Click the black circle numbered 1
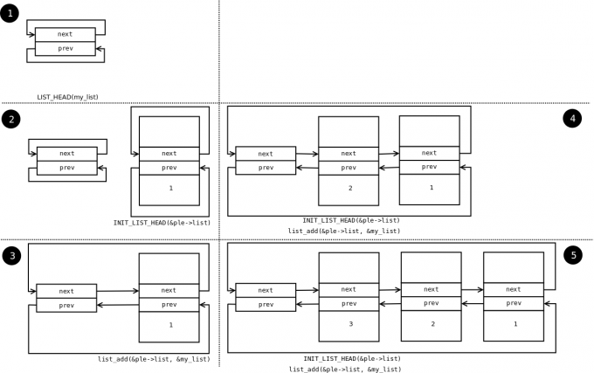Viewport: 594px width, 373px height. [10, 13]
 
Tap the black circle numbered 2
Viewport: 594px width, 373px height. [10, 119]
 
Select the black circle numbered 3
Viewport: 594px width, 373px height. [10, 255]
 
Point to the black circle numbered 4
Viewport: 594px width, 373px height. [572, 118]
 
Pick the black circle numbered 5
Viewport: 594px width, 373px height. [572, 254]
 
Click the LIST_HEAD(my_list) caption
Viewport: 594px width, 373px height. [67, 96]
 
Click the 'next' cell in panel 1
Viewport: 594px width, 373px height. [66, 34]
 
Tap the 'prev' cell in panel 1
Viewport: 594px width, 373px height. [66, 48]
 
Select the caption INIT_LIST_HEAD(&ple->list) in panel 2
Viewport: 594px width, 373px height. [162, 222]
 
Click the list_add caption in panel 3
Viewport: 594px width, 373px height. [154, 359]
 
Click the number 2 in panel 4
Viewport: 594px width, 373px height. [349, 188]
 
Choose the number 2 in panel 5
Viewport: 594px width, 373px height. [431, 323]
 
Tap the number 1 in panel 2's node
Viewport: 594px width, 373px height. [169, 188]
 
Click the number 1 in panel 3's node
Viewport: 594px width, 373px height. [169, 324]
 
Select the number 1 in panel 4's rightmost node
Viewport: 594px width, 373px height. [430, 187]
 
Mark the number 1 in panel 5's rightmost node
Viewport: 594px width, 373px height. [514, 323]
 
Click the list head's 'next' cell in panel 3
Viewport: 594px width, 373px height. [66, 291]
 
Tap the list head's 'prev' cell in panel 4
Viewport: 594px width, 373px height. [266, 167]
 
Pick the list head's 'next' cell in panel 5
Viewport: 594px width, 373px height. [266, 290]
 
